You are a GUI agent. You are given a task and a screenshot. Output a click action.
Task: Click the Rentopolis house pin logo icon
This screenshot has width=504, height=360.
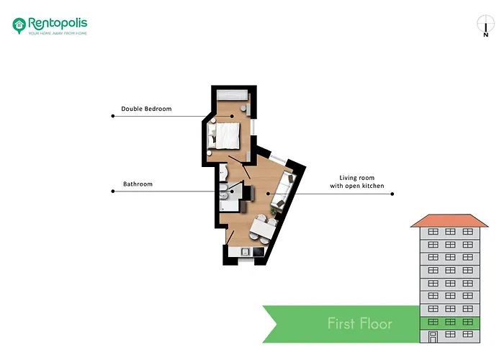point(19,25)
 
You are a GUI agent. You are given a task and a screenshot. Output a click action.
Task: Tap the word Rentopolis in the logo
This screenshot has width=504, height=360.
point(58,23)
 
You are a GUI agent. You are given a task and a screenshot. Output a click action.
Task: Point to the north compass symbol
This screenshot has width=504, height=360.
point(485,26)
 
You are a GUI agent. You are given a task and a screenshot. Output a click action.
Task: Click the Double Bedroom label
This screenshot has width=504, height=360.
point(146,109)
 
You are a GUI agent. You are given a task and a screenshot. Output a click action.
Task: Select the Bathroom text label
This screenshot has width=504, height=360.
point(138,184)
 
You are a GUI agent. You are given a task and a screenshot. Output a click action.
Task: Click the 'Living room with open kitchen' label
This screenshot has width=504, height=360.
point(357,181)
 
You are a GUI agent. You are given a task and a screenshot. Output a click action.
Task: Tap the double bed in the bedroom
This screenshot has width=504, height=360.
point(224,136)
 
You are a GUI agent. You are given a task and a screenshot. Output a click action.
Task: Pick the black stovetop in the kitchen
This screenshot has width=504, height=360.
point(258,252)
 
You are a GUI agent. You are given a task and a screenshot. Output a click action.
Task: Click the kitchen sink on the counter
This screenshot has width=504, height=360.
point(246,251)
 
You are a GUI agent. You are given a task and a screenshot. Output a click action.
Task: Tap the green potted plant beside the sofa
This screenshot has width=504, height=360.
point(273,210)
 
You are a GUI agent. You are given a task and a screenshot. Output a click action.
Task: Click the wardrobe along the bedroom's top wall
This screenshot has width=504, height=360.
point(233,95)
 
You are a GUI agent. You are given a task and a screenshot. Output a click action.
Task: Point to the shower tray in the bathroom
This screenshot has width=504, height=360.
point(229,205)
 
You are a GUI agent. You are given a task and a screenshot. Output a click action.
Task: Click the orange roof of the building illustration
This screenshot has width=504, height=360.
point(449,221)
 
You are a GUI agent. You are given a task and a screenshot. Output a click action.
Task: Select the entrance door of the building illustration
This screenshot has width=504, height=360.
point(433,337)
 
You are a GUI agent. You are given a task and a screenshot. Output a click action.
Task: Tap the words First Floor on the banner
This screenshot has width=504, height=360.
point(360,323)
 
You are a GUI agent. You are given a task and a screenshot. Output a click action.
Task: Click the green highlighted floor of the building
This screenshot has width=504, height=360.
point(450,323)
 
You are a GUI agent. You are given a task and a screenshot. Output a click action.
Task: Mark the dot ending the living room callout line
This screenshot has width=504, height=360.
point(392,194)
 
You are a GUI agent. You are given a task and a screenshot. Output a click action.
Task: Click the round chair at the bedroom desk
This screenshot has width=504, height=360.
point(243,108)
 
